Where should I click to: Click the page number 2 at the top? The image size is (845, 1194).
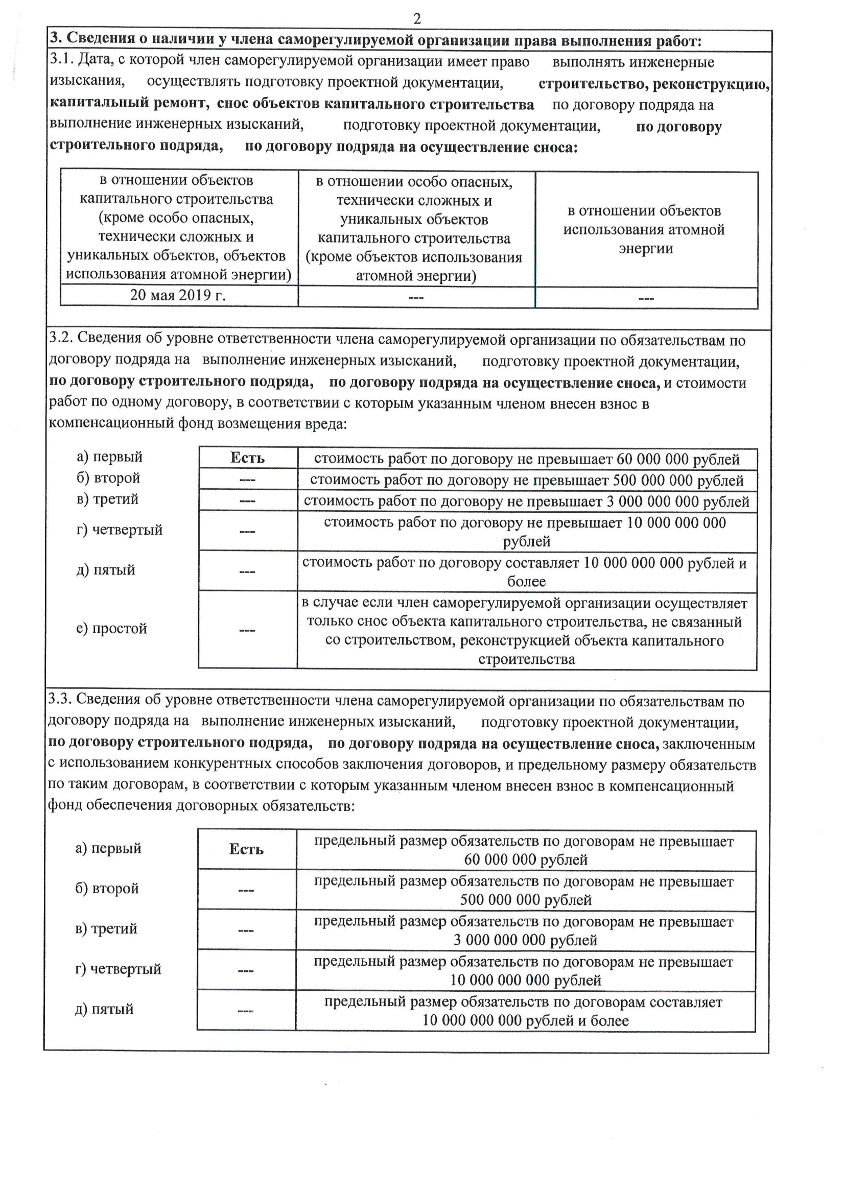[x=417, y=19]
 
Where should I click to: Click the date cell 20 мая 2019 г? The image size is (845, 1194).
[x=177, y=295]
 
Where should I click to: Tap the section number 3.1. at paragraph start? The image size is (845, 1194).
[x=61, y=59]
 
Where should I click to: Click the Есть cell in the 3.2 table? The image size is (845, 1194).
[x=247, y=458]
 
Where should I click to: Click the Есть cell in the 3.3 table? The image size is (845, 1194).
[x=246, y=849]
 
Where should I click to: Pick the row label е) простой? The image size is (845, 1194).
[x=111, y=628]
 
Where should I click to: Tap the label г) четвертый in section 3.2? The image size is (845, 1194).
[x=119, y=530]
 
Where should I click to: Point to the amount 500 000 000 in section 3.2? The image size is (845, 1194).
[x=652, y=480]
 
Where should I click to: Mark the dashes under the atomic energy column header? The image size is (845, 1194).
[x=646, y=298]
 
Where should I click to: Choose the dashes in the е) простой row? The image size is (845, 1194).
[x=247, y=630]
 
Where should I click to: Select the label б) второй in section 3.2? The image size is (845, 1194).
[x=108, y=477]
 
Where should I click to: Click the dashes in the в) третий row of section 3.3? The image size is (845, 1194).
[x=246, y=930]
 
